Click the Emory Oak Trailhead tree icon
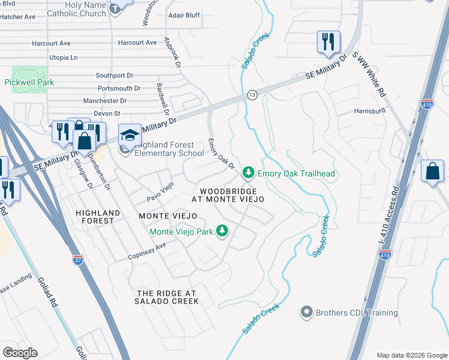[248, 173]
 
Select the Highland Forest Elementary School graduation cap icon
[129, 134]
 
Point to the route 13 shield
[252, 95]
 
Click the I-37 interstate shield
[78, 260]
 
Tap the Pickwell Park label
[29, 82]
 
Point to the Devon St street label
[109, 113]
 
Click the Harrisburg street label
[369, 112]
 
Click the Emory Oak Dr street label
[220, 154]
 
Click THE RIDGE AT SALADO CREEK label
[167, 296]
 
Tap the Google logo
[20, 352]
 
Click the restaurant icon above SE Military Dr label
[328, 42]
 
